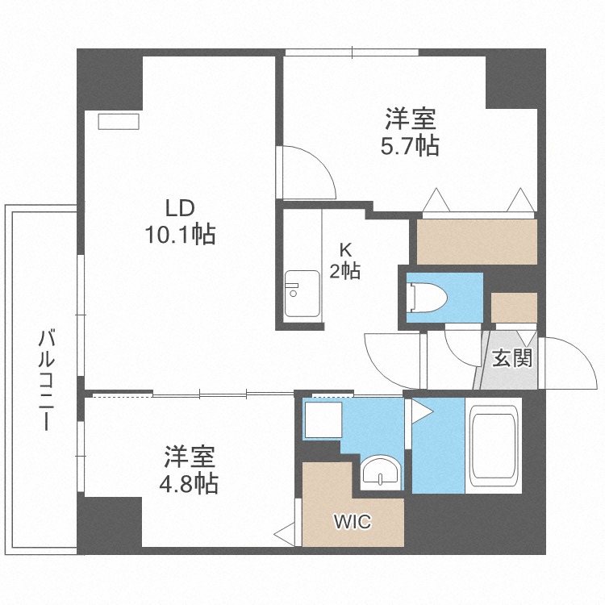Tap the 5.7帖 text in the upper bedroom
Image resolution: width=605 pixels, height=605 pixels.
tap(410, 134)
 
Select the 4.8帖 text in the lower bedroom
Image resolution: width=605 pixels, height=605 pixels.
tap(190, 470)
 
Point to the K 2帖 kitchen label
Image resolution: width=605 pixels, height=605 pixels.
tap(344, 261)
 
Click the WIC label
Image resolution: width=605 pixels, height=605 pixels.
tap(353, 522)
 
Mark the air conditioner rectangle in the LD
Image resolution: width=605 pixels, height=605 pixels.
tap(119, 121)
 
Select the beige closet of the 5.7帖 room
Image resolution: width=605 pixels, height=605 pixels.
tap(477, 241)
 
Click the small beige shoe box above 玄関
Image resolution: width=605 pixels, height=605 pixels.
tap(514, 307)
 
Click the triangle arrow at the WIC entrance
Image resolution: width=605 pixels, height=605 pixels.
tap(284, 532)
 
